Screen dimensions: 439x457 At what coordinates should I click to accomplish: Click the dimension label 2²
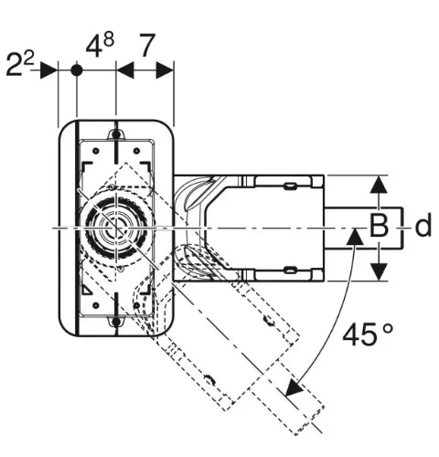(20, 64)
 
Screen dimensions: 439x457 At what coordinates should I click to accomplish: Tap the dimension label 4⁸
(100, 45)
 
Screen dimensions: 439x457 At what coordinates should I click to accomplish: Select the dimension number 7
(147, 46)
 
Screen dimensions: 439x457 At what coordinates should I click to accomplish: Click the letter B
(379, 226)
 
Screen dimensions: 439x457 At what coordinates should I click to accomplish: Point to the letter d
(423, 225)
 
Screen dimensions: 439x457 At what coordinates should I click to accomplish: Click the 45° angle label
(368, 335)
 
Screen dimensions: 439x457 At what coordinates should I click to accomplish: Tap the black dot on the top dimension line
(77, 70)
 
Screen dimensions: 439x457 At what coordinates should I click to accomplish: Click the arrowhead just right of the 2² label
(48, 70)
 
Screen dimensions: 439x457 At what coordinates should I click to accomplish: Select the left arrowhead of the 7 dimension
(125, 70)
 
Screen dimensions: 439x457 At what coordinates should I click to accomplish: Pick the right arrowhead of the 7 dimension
(165, 70)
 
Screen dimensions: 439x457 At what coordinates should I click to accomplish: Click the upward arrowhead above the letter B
(379, 185)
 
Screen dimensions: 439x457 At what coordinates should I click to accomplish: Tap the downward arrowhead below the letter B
(379, 271)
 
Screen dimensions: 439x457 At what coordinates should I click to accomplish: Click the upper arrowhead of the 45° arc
(355, 237)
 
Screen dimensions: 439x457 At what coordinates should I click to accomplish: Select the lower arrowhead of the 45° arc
(294, 388)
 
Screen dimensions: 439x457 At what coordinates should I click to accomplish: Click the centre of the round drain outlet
(116, 228)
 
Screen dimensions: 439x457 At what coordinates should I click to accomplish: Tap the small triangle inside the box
(86, 291)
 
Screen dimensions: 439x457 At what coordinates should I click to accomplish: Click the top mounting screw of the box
(116, 134)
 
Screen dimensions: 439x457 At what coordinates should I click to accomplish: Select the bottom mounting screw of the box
(116, 322)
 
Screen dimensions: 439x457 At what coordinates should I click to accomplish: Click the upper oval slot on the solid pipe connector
(291, 186)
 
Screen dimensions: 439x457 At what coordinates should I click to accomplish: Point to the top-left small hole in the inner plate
(96, 151)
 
